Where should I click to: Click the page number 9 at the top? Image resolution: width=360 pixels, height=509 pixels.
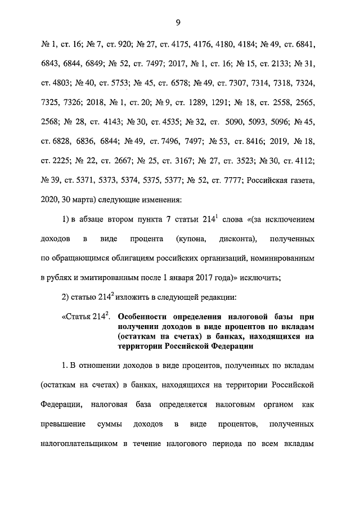coord(178,22)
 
